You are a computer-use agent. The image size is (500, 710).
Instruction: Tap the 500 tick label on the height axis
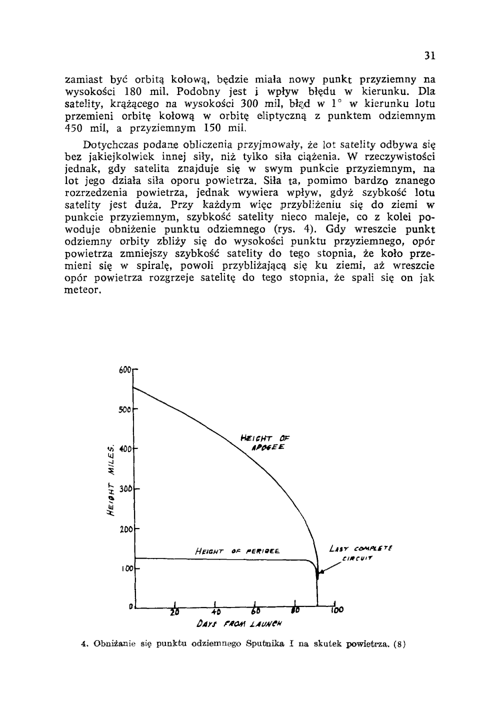pyautogui.click(x=125, y=410)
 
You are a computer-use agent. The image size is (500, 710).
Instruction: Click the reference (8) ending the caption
pyautogui.click(x=400, y=644)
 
